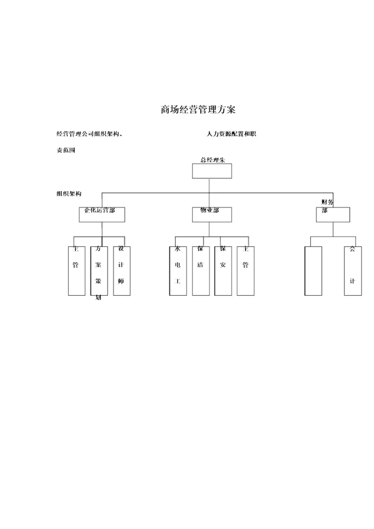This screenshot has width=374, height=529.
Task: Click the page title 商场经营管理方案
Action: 198,110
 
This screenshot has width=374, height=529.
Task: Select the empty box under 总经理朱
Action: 212,171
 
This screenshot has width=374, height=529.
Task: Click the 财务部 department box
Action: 333,215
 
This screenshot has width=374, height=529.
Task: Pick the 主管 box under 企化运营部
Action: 76,271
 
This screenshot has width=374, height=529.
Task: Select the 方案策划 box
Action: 99,271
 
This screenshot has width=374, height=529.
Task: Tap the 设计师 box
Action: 122,271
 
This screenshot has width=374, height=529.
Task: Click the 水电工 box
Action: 178,271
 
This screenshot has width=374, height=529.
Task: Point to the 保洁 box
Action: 201,271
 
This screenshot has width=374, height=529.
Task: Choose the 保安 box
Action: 223,271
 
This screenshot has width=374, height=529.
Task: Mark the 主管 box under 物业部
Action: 246,271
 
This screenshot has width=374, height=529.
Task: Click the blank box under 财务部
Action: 313,271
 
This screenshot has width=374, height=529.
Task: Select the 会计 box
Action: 353,271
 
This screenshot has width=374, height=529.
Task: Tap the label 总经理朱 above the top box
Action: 212,160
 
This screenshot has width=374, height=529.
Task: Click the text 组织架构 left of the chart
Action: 69,194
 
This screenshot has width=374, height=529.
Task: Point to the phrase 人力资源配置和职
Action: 231,134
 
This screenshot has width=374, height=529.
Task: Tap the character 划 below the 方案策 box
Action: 99,299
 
